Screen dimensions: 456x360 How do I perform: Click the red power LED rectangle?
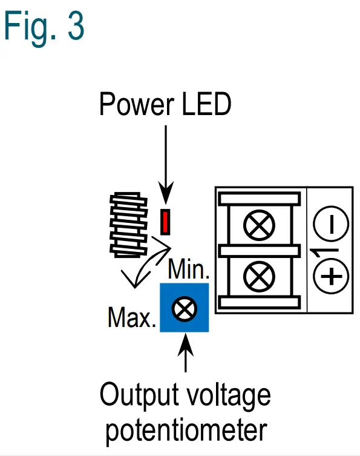click(x=165, y=221)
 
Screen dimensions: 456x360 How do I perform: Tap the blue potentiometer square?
click(x=184, y=307)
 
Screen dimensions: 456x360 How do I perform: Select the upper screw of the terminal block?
click(x=258, y=226)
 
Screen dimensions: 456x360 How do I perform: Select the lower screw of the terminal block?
click(x=258, y=276)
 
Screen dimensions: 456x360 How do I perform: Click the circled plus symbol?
click(x=331, y=277)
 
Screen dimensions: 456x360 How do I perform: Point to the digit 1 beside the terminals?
click(x=315, y=250)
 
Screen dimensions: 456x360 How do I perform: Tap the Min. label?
click(x=188, y=269)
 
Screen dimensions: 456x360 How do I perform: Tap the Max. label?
click(x=131, y=317)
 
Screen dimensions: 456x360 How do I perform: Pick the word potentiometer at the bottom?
click(x=185, y=431)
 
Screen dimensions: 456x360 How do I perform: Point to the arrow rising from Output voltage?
click(x=185, y=354)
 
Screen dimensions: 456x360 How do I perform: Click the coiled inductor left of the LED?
click(x=128, y=224)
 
